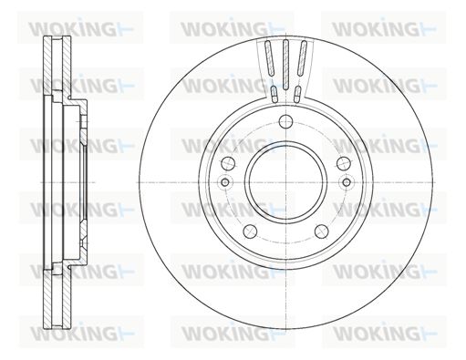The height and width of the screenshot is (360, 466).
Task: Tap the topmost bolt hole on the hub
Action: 285,122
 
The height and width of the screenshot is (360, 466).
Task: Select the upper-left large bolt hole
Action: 228,164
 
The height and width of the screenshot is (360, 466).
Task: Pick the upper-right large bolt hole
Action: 344,164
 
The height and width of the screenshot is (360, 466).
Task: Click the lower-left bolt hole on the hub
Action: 250,231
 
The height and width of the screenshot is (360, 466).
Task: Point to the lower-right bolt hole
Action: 321,231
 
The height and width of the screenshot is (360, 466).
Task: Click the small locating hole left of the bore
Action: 225,182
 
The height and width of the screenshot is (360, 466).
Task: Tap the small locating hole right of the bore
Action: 347,182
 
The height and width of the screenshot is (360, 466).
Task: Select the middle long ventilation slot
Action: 285,65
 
